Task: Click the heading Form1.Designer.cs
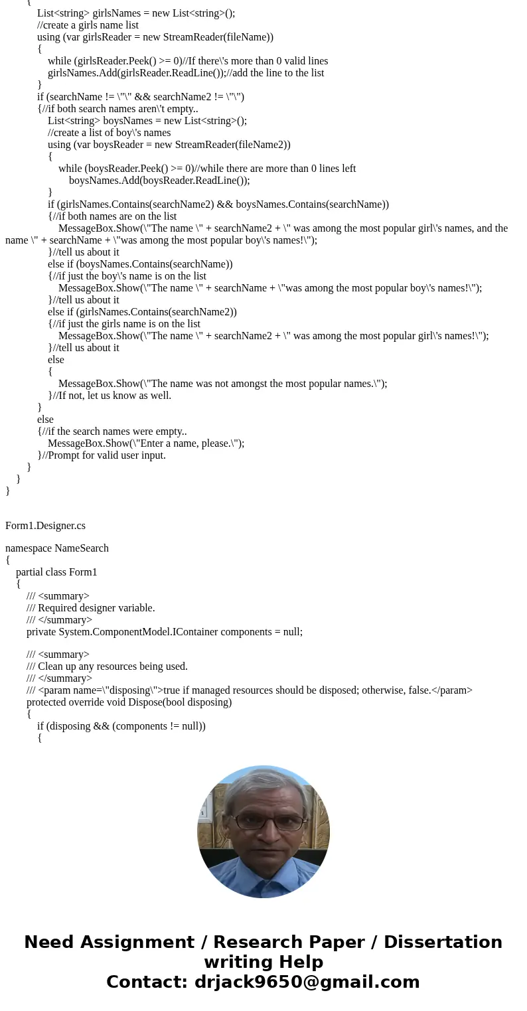click(45, 526)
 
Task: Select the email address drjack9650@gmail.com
click(307, 982)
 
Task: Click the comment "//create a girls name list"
click(88, 25)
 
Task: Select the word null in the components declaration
click(290, 632)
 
